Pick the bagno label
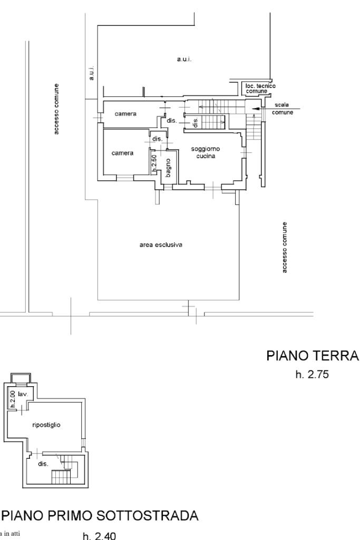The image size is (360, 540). tap(168, 167)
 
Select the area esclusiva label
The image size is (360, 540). tap(161, 244)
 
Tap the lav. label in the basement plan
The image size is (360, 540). tap(23, 394)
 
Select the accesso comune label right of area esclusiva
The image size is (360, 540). tap(285, 248)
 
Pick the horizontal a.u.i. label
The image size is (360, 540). tap(184, 60)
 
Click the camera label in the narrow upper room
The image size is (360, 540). tap(127, 114)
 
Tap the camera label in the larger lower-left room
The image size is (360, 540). tap(122, 153)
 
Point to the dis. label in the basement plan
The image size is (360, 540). tap(42, 464)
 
